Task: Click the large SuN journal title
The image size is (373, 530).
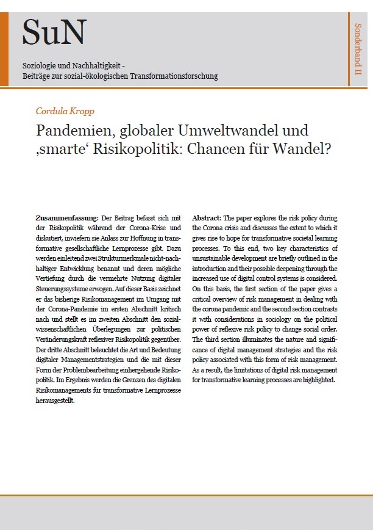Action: click(x=54, y=33)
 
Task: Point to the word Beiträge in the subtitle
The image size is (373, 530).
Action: click(x=37, y=76)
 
